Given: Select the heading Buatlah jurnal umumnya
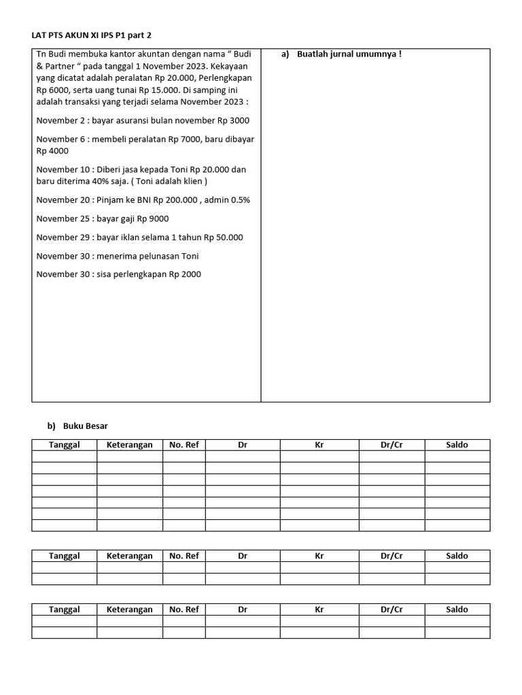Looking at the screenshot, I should (349, 54).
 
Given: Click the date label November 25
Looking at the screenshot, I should (63, 219).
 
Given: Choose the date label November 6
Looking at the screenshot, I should (60, 139).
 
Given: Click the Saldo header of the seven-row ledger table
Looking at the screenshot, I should (457, 445).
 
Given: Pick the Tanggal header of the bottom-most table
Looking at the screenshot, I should (64, 609).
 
